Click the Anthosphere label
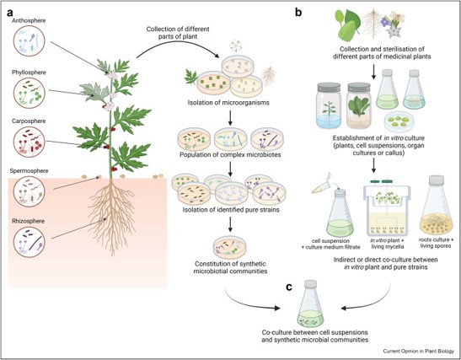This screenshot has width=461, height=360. tap(29, 20)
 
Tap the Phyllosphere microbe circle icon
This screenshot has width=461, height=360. tap(29, 93)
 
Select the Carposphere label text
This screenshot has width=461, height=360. tap(29, 121)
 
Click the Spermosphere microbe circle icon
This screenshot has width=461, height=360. tap(29, 191)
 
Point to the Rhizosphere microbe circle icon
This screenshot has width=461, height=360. tap(29, 242)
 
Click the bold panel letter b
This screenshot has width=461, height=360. tap(298, 13)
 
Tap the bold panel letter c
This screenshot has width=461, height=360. tap(289, 287)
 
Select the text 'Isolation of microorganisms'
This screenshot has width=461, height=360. tap(228, 103)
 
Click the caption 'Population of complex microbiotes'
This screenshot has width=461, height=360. tap(230, 154)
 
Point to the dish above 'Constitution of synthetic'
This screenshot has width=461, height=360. tap(229, 247)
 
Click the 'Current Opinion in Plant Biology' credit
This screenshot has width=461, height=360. tap(418, 352)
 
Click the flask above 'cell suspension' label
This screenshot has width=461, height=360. tap(340, 212)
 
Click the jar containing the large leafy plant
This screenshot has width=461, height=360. tap(359, 105)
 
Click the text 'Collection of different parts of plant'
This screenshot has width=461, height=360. tap(178, 33)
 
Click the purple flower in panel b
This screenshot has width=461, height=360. tap(385, 21)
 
